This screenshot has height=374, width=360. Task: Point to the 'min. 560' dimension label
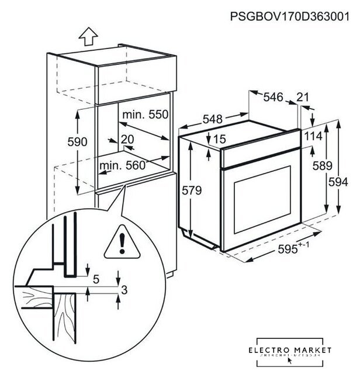coord(122,166)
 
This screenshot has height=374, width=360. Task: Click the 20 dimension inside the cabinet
coord(128,139)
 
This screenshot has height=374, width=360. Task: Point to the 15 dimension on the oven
coord(219,139)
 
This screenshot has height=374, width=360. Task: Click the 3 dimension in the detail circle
coord(124,289)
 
